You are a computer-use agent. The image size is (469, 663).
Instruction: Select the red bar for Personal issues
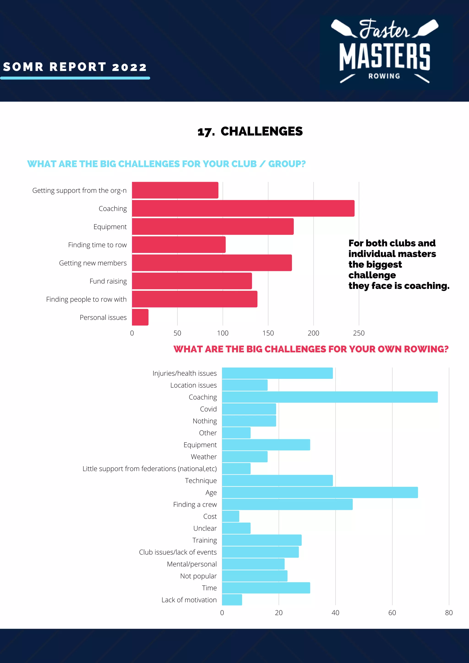pyautogui.click(x=140, y=317)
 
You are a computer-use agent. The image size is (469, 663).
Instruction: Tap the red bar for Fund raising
pyautogui.click(x=192, y=281)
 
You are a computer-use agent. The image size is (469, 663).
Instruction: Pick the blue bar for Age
pyautogui.click(x=320, y=492)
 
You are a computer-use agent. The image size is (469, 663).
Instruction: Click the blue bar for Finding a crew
pyautogui.click(x=287, y=504)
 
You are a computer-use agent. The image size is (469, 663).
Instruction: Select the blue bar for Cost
pyautogui.click(x=230, y=516)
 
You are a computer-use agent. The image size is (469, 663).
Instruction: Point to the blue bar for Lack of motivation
pyautogui.click(x=232, y=600)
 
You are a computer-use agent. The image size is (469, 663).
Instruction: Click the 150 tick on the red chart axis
pyautogui.click(x=268, y=333)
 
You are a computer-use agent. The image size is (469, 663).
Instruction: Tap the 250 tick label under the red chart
pyautogui.click(x=359, y=333)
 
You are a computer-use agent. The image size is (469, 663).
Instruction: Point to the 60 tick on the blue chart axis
pyautogui.click(x=392, y=612)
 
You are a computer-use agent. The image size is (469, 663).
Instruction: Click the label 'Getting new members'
pyautogui.click(x=93, y=263)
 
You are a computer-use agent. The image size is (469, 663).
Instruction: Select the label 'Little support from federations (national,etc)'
pyautogui.click(x=149, y=469)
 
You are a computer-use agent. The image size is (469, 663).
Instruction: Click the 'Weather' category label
pyautogui.click(x=204, y=456)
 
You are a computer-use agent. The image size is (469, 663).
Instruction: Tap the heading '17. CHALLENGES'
pyautogui.click(x=250, y=131)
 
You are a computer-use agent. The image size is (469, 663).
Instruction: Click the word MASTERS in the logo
pyautogui.click(x=384, y=57)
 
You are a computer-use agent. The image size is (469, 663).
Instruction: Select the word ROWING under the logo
pyautogui.click(x=384, y=76)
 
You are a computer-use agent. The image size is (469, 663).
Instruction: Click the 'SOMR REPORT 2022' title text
pyautogui.click(x=75, y=67)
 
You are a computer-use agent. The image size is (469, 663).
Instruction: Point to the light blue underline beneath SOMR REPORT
pyautogui.click(x=75, y=78)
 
